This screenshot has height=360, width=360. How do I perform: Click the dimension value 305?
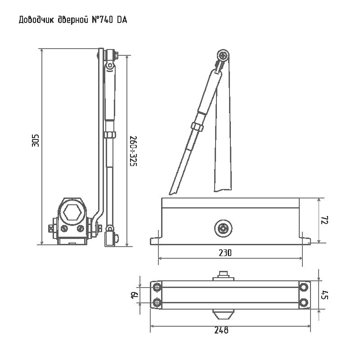pyautogui.click(x=36, y=140)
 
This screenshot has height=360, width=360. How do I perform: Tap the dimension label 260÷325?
pyautogui.click(x=133, y=151)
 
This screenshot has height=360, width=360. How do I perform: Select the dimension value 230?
pyautogui.click(x=225, y=253)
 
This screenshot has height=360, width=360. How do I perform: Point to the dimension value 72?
pyautogui.click(x=324, y=220)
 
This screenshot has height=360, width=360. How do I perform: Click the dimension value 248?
pyautogui.click(x=221, y=330)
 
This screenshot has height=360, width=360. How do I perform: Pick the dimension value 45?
pyautogui.click(x=324, y=295)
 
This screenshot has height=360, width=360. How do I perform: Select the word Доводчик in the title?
pyautogui.click(x=36, y=20)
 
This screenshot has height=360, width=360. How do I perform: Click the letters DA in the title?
pyautogui.click(x=122, y=20)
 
